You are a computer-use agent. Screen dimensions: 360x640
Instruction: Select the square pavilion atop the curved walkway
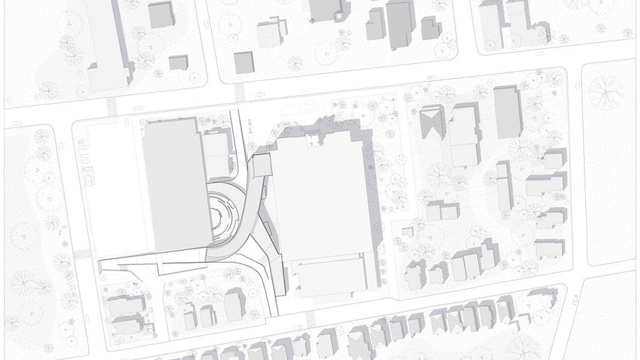(261, 165)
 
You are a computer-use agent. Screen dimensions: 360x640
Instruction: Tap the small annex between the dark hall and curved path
(216, 155)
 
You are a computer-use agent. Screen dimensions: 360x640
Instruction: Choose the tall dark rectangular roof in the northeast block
(507, 112)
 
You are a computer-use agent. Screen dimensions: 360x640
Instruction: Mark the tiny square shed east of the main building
(407, 231)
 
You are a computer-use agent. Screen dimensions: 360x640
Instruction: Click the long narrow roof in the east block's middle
(504, 186)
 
